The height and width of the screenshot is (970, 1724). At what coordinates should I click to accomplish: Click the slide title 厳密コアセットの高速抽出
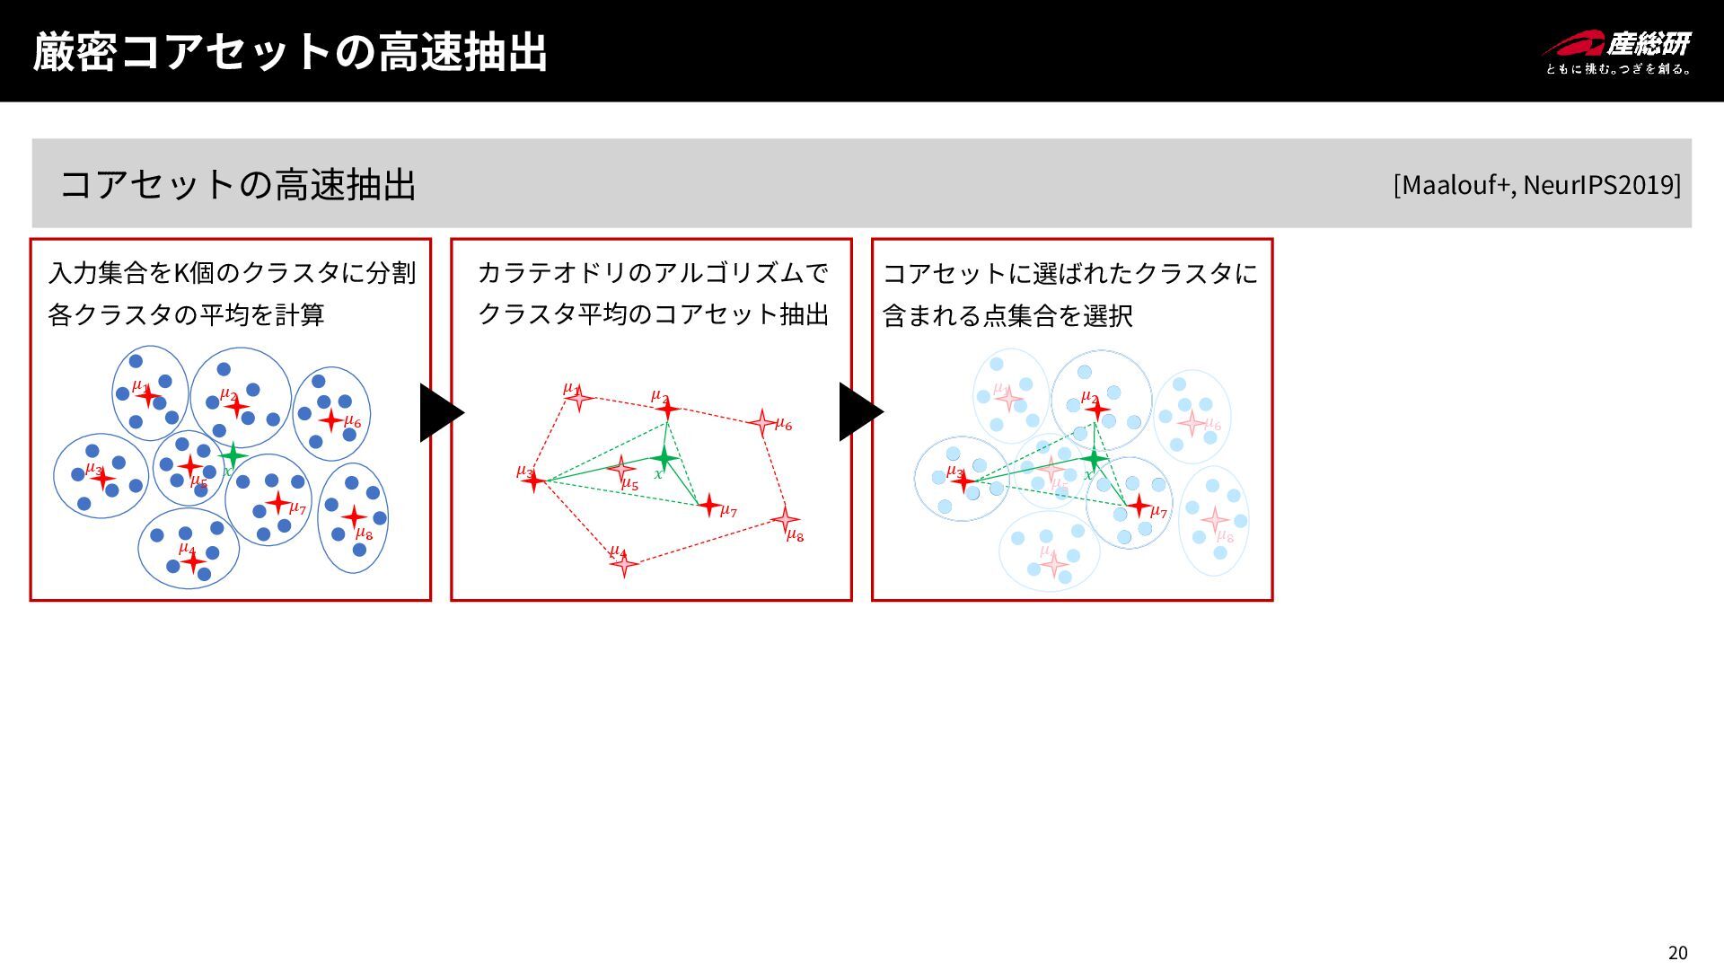289,51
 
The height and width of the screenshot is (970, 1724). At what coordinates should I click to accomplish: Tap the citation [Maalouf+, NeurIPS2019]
1536,184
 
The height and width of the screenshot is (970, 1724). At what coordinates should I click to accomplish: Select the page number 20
1677,953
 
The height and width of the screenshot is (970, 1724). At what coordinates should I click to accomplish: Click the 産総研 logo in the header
1617,52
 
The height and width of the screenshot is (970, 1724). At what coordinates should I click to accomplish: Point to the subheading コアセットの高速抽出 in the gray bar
238,184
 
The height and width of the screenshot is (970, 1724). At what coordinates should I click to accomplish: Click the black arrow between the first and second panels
440,412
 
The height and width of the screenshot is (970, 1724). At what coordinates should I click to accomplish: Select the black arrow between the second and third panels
860,412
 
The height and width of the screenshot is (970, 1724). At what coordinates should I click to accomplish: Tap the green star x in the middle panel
663,458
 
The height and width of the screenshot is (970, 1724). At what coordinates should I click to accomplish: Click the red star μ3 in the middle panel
533,481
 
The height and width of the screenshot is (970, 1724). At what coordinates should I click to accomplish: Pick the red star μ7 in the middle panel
709,506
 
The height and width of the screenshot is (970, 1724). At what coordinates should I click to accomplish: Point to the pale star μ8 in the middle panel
785,519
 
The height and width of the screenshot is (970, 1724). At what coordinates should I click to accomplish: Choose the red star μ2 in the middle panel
666,409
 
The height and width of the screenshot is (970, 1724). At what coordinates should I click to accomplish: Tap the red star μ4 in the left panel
192,561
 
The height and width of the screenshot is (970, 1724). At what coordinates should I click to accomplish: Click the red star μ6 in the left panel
331,419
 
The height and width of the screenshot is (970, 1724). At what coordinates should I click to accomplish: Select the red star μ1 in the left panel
148,395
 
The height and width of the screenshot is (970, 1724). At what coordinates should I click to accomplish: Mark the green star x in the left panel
232,455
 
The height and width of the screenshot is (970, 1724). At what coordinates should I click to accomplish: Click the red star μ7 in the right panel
1139,506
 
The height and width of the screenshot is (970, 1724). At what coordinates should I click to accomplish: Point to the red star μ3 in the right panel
963,481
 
